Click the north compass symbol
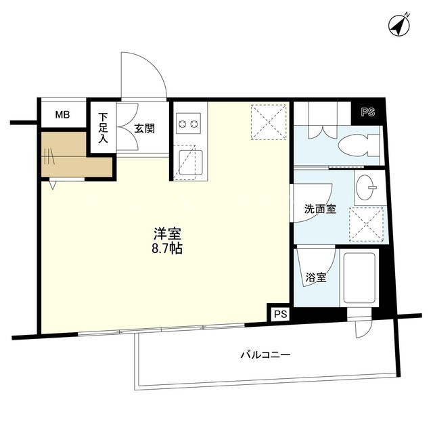coord(399,25)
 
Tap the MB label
coord(62,114)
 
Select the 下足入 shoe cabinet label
coord(103,128)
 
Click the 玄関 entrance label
coord(144,129)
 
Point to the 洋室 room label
coord(167,234)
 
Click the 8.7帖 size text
coord(167,249)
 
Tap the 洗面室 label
coord(320,209)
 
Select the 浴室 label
coord(316,277)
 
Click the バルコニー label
coord(265,355)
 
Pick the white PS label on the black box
coord(368,112)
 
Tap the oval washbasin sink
coord(365,187)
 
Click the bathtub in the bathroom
coord(359,278)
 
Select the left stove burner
coord(183,124)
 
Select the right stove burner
coord(194,124)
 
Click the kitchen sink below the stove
coord(190,162)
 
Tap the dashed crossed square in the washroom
coord(367,225)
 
